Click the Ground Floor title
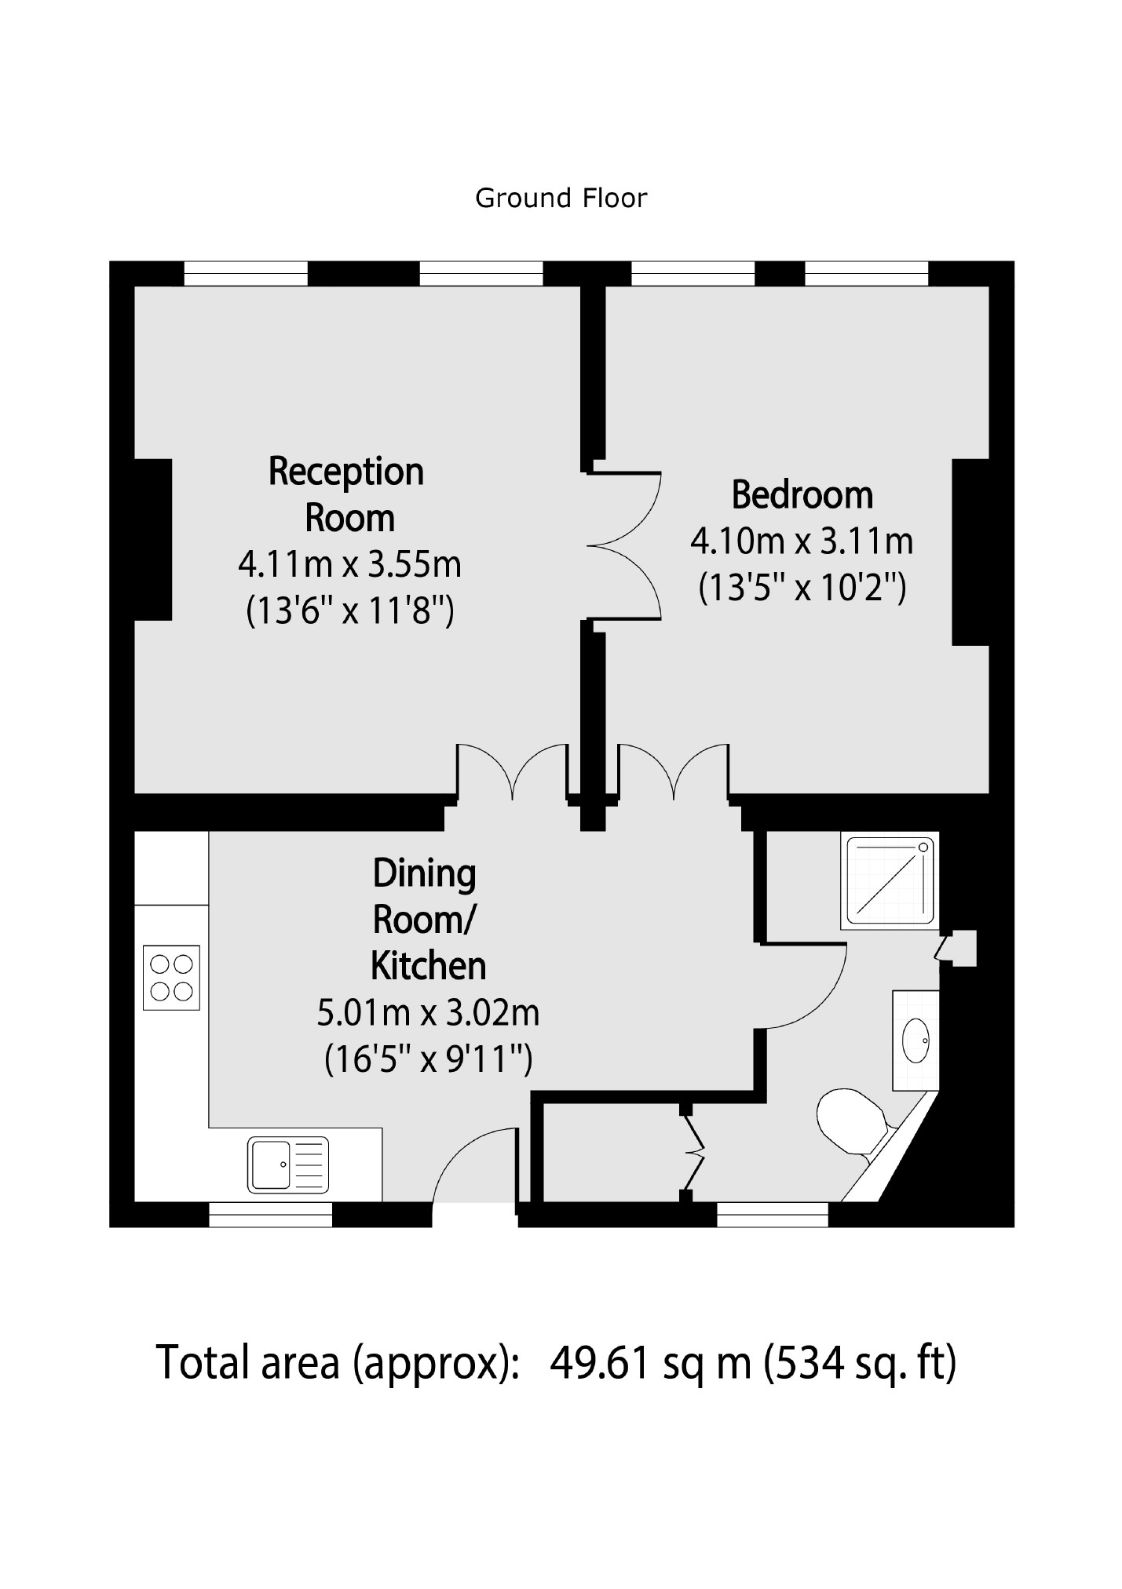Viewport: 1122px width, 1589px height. [561, 199]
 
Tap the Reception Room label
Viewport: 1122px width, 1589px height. [346, 494]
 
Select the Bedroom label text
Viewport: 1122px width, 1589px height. [802, 495]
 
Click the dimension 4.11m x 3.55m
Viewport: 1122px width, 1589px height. [349, 564]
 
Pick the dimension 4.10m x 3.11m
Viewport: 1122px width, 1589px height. [802, 541]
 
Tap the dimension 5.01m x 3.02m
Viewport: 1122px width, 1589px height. [428, 1013]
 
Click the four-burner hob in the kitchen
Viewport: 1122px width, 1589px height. [171, 977]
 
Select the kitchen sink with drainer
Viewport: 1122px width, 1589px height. [288, 1164]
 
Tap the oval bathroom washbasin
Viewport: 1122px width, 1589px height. [916, 1040]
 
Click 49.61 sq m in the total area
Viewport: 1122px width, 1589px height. [650, 1363]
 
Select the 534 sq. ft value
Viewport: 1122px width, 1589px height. [860, 1363]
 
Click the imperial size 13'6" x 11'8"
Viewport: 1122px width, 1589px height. [349, 610]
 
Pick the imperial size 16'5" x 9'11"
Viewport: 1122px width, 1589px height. [428, 1059]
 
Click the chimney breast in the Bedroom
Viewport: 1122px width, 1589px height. [970, 552]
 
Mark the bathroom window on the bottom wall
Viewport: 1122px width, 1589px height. [773, 1214]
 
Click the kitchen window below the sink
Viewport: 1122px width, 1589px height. [270, 1214]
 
